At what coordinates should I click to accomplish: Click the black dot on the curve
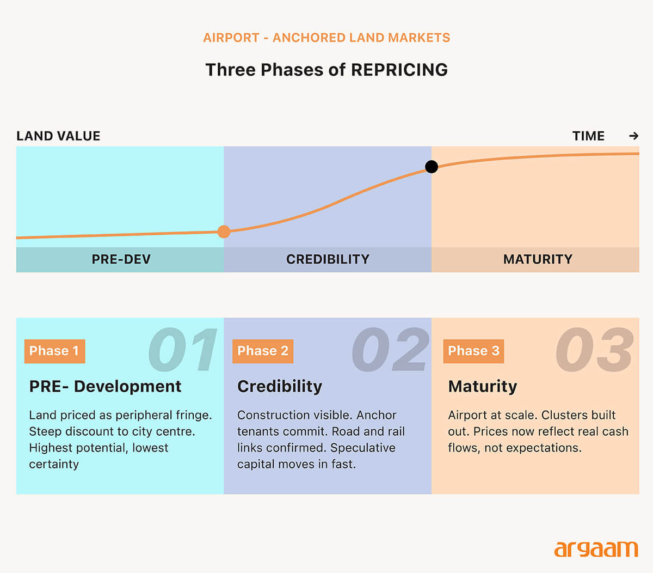(x=432, y=167)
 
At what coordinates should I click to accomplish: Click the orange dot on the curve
(x=224, y=231)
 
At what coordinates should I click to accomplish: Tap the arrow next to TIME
(x=633, y=136)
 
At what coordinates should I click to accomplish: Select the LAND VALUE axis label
(x=58, y=136)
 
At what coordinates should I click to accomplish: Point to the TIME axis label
(x=588, y=136)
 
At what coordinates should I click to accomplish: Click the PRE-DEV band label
(x=121, y=259)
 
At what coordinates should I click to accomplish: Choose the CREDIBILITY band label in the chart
(x=328, y=259)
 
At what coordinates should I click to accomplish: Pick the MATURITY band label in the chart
(x=538, y=259)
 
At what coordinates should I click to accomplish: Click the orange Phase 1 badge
(x=54, y=351)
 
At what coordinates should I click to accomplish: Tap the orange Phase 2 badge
(x=263, y=351)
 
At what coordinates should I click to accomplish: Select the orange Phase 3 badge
(x=473, y=351)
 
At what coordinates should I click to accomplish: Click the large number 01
(x=183, y=350)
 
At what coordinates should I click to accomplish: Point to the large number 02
(x=390, y=350)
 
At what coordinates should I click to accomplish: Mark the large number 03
(x=594, y=350)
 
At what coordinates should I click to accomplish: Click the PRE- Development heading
(x=105, y=386)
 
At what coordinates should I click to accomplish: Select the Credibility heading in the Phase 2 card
(x=280, y=386)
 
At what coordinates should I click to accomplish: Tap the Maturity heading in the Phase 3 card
(x=482, y=386)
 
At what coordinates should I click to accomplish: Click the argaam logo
(x=596, y=549)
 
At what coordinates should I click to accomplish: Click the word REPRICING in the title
(x=399, y=70)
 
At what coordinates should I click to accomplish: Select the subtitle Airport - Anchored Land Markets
(x=326, y=38)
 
